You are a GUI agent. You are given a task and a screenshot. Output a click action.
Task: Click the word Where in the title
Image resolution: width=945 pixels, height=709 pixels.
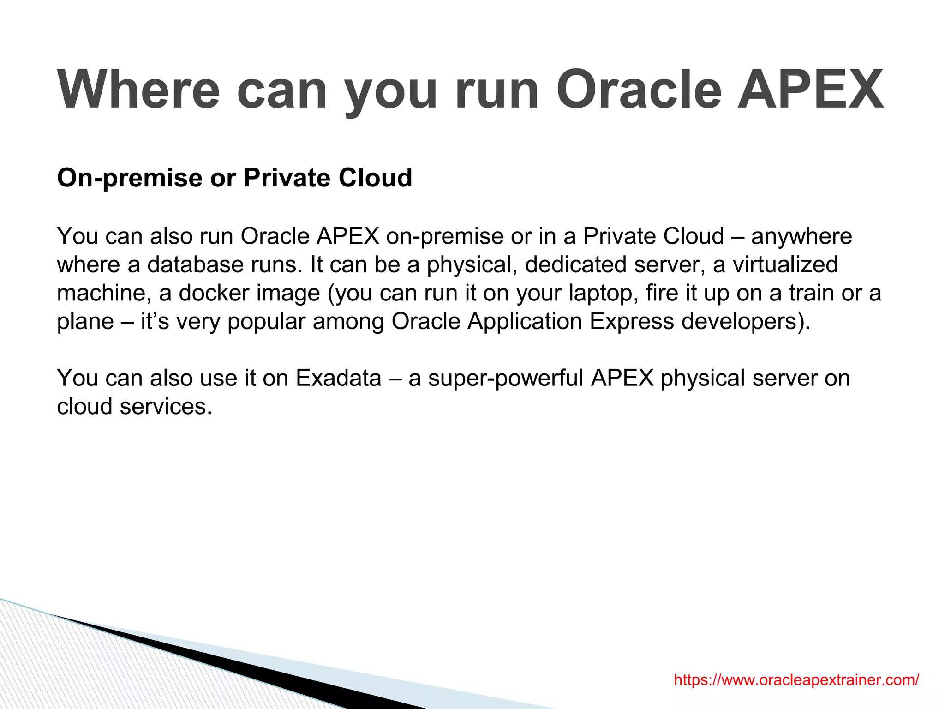[138, 90]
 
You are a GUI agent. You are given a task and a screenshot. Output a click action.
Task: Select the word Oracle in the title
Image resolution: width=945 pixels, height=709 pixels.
[639, 90]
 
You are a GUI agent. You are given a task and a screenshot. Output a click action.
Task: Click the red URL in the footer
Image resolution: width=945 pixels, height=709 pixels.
[796, 679]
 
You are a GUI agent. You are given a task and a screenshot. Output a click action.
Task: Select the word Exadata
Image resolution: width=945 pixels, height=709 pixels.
[338, 378]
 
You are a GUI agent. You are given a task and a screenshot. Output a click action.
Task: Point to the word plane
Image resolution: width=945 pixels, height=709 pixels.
[85, 322]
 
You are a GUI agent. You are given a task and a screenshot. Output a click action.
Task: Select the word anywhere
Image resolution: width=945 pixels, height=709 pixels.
[801, 237]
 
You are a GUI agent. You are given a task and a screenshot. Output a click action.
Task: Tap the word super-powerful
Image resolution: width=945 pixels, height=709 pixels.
[506, 379]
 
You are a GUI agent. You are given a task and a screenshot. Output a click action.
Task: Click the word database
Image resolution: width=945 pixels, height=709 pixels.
[195, 265]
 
